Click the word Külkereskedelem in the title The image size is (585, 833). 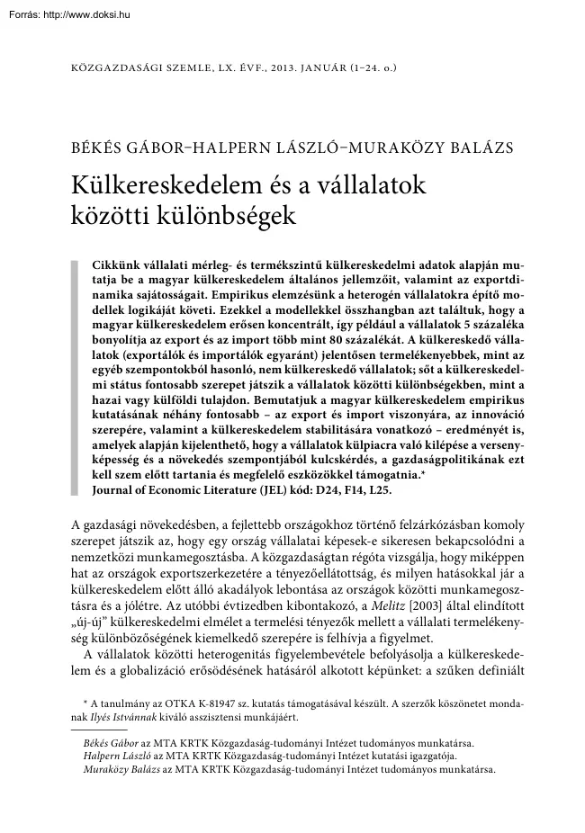click(169, 186)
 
